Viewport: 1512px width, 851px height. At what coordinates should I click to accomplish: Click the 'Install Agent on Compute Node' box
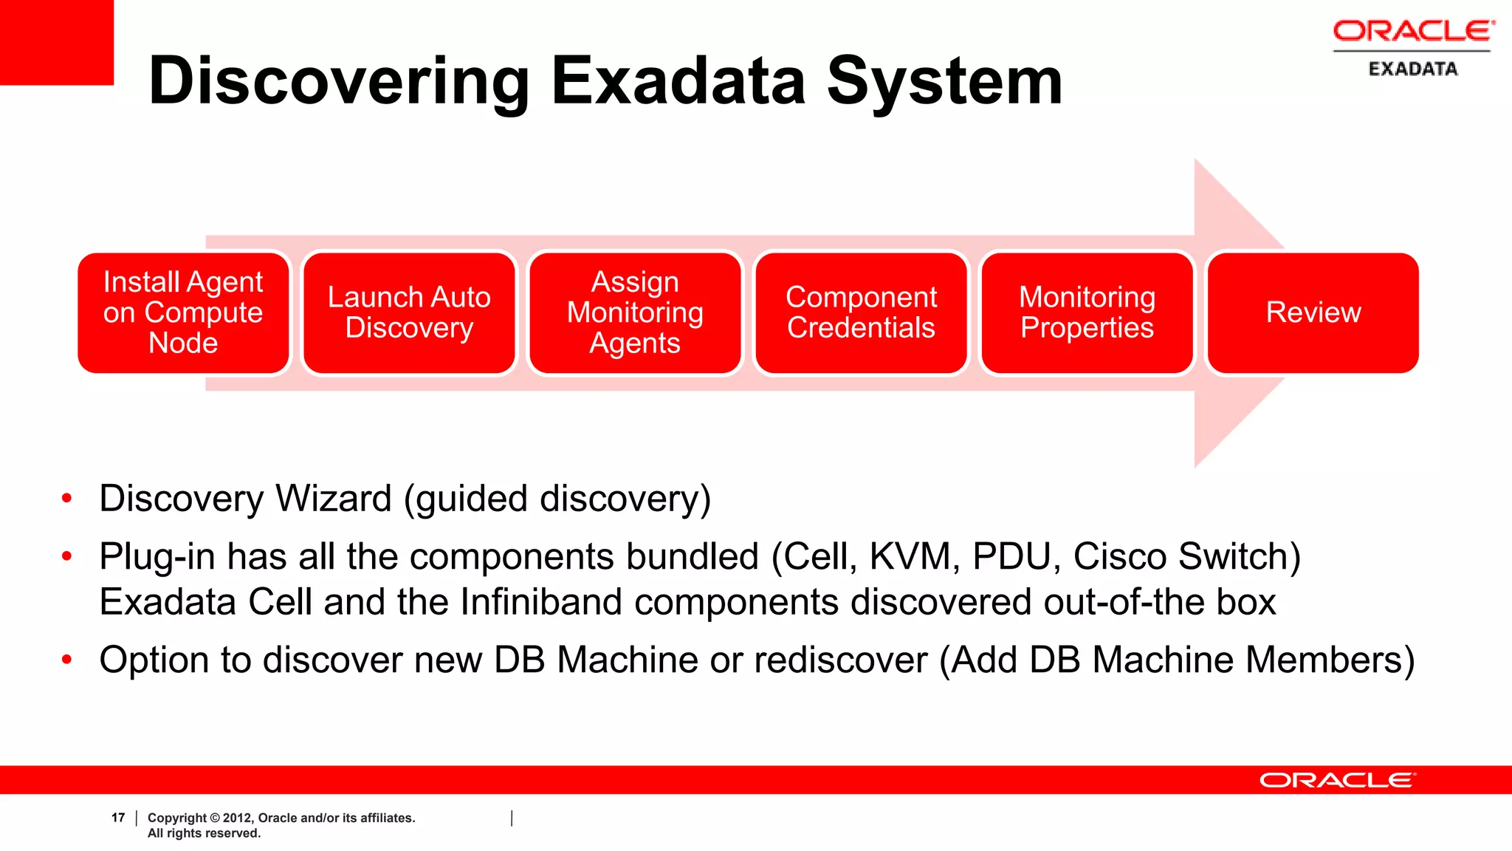pyautogui.click(x=183, y=312)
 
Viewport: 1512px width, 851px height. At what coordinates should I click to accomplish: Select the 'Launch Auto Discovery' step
pyautogui.click(x=409, y=312)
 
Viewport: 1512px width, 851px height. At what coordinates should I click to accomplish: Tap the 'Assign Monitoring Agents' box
pyautogui.click(x=635, y=312)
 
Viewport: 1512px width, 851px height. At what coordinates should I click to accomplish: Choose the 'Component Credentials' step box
pyautogui.click(x=861, y=312)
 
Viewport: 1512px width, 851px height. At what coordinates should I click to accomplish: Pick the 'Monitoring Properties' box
pyautogui.click(x=1087, y=312)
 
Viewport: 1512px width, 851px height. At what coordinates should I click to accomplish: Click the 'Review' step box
pyautogui.click(x=1313, y=312)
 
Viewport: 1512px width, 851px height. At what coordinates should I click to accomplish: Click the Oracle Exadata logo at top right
pyautogui.click(x=1412, y=48)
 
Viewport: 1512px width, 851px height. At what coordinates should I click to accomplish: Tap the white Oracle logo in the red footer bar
pyautogui.click(x=1337, y=780)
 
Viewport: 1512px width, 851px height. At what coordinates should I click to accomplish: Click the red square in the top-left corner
pyautogui.click(x=56, y=41)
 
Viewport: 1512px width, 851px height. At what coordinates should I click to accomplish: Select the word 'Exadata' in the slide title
pyautogui.click(x=678, y=81)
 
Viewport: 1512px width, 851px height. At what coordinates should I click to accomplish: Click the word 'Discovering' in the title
pyautogui.click(x=339, y=81)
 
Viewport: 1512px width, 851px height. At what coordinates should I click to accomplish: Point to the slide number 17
pyautogui.click(x=118, y=818)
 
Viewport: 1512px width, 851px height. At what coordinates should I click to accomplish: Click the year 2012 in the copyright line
pyautogui.click(x=236, y=818)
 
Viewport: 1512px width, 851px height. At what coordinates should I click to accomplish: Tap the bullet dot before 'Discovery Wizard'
pyautogui.click(x=67, y=499)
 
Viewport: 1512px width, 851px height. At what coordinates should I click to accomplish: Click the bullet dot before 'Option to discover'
pyautogui.click(x=67, y=660)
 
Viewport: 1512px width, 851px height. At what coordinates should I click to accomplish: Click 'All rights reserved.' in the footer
pyautogui.click(x=204, y=833)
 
